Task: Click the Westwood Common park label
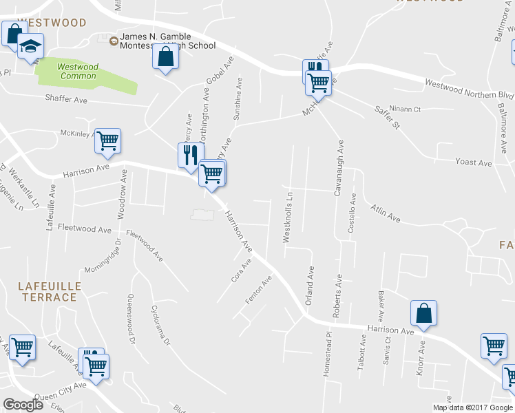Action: click(78, 71)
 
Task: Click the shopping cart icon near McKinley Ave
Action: click(107, 140)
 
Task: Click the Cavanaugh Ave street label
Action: click(339, 169)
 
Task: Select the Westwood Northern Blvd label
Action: click(470, 89)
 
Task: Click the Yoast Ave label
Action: click(473, 163)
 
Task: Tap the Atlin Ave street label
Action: click(385, 212)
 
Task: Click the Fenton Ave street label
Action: click(259, 290)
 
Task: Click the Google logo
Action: click(23, 405)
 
